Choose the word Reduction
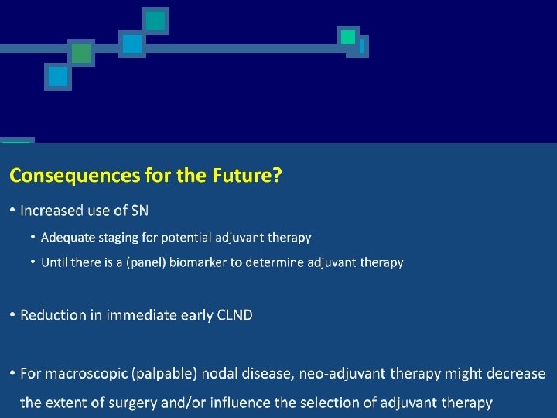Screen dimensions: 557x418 coord(53,315)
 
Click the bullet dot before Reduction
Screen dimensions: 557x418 coord(12,315)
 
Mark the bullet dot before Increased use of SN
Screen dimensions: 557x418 coord(12,211)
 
